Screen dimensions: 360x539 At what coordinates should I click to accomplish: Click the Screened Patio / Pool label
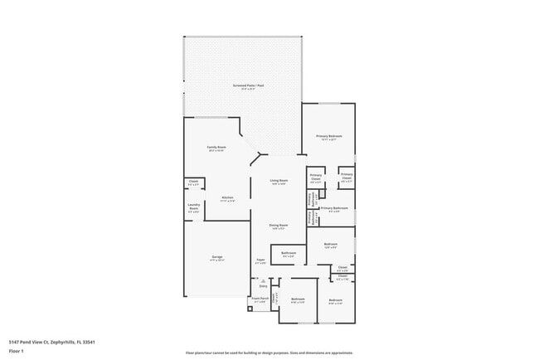click(249, 85)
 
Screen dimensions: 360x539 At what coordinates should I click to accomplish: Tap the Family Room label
click(217, 148)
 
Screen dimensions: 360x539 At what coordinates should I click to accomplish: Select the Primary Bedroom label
click(328, 136)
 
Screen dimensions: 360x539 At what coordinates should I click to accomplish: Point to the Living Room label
click(279, 180)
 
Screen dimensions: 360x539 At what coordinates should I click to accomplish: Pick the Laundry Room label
click(193, 209)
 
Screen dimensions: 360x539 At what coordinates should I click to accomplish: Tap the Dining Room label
click(279, 225)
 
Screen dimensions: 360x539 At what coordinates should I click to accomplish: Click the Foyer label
click(260, 260)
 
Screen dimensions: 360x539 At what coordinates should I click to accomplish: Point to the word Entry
click(264, 286)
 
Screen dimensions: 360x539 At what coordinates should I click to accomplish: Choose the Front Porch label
click(259, 299)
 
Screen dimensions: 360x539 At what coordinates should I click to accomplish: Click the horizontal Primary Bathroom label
click(334, 208)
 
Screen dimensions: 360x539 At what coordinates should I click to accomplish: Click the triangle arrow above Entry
click(264, 280)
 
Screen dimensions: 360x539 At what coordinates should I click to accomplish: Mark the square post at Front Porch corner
click(249, 310)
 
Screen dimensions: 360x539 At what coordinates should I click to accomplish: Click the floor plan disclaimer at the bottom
click(269, 353)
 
